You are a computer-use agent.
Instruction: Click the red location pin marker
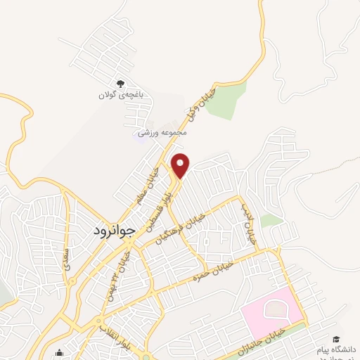click(x=181, y=165)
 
